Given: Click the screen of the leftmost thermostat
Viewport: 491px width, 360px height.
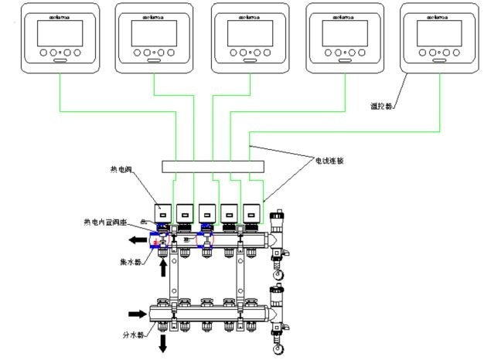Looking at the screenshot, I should click(x=60, y=33).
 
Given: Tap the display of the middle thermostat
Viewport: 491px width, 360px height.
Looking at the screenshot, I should click(x=247, y=33).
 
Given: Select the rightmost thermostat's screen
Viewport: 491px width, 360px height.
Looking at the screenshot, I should click(x=438, y=33).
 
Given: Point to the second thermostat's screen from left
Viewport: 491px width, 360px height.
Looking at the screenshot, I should click(x=153, y=33).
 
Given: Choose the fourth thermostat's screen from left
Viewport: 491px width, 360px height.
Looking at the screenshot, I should click(x=343, y=33).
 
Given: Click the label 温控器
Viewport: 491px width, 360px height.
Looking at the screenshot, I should click(x=380, y=104).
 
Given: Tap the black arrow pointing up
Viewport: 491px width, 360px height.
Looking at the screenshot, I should click(x=164, y=267).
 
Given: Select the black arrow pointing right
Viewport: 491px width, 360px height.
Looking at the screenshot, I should click(x=136, y=314).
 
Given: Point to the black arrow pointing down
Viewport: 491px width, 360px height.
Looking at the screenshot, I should click(x=164, y=344).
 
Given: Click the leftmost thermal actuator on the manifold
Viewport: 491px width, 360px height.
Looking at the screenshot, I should click(x=164, y=212).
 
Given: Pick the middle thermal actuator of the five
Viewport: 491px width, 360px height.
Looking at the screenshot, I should click(x=208, y=212).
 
